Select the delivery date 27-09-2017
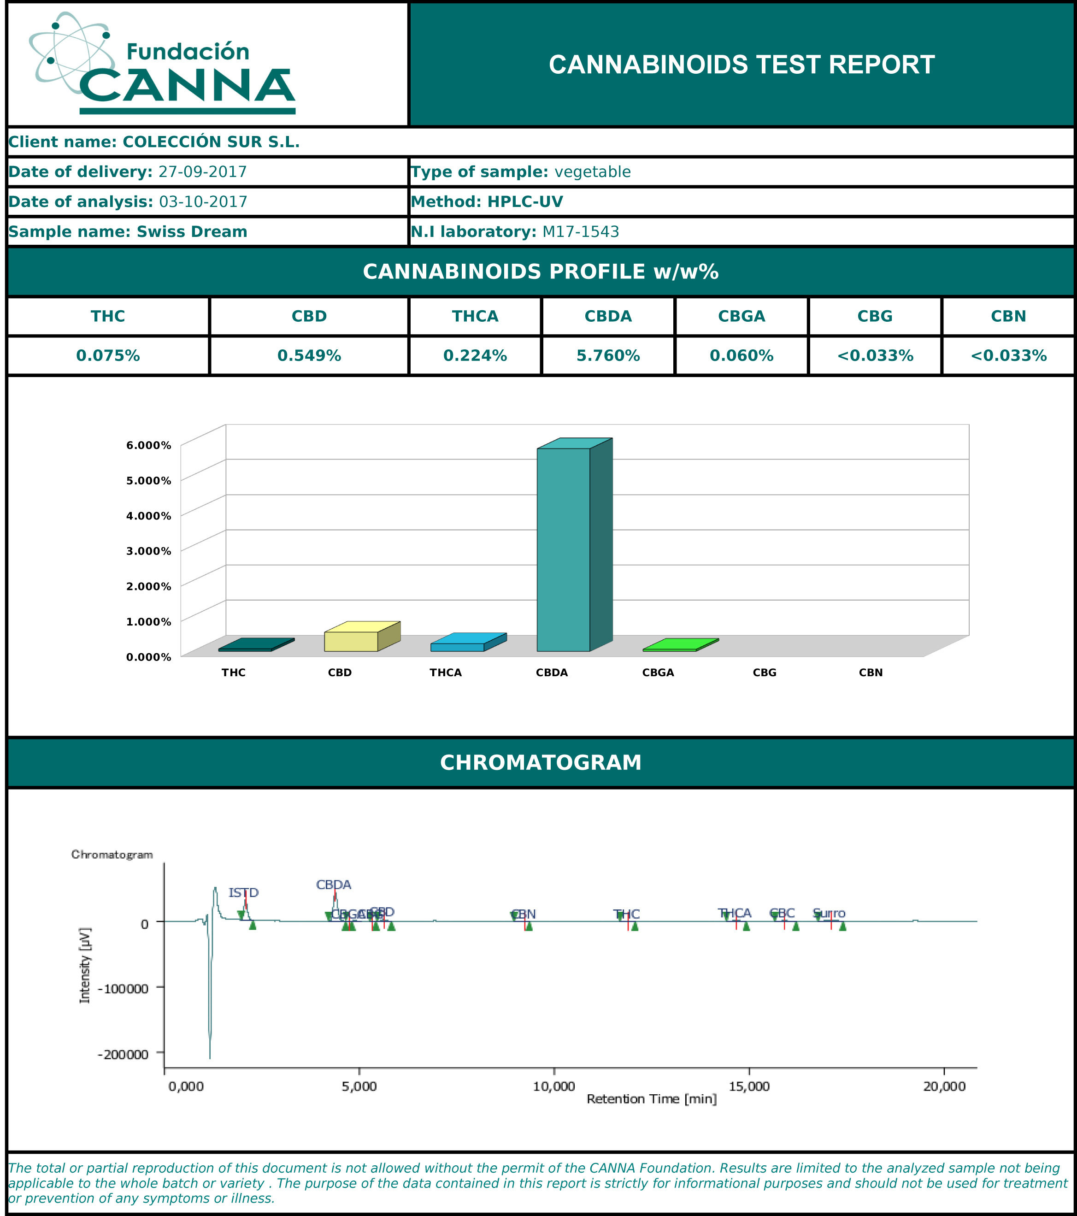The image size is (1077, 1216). pyautogui.click(x=202, y=172)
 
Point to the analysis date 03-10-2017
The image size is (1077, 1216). pyautogui.click(x=203, y=202)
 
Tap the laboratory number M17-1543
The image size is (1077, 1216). pyautogui.click(x=580, y=231)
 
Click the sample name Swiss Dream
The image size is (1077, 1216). pyautogui.click(x=192, y=231)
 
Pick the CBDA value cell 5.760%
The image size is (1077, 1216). pyautogui.click(x=608, y=356)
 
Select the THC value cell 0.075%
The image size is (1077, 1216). pyautogui.click(x=108, y=356)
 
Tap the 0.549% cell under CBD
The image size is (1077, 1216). pyautogui.click(x=309, y=356)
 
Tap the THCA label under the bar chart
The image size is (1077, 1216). pyautogui.click(x=446, y=673)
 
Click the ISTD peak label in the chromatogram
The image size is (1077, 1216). pyautogui.click(x=243, y=893)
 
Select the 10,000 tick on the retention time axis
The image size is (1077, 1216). pyautogui.click(x=553, y=1086)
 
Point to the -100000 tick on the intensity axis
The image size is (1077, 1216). pyautogui.click(x=123, y=989)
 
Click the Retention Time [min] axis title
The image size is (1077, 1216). pyautogui.click(x=651, y=1099)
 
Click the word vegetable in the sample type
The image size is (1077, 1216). pyautogui.click(x=592, y=172)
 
